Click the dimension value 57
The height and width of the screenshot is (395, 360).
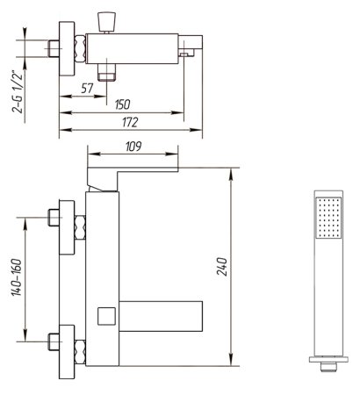(x=86, y=88)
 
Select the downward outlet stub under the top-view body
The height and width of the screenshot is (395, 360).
(x=109, y=71)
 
